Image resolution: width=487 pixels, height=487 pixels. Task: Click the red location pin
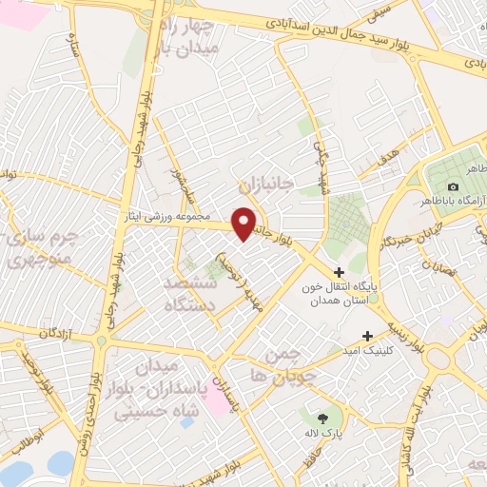244,223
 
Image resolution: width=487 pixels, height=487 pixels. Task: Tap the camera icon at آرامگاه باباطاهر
453,186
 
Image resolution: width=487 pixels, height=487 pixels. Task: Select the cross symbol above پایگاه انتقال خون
339,273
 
